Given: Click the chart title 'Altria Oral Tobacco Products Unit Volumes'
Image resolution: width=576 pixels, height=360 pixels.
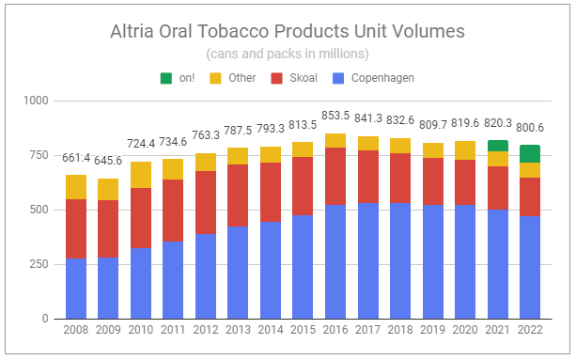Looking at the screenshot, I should pyautogui.click(x=287, y=31).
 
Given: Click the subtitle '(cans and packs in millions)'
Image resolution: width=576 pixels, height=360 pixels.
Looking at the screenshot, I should pyautogui.click(x=287, y=54).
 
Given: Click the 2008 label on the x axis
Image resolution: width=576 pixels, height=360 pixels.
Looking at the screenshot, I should pyautogui.click(x=76, y=331).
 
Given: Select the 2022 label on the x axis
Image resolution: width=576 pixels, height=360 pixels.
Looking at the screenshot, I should pyautogui.click(x=529, y=331).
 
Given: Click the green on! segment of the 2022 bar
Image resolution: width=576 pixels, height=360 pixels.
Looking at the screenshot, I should pyautogui.click(x=529, y=153).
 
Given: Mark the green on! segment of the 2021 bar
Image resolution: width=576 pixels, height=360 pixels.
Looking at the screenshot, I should pyautogui.click(x=497, y=146).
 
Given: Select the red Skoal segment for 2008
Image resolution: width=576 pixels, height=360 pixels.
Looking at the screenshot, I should pyautogui.click(x=76, y=228).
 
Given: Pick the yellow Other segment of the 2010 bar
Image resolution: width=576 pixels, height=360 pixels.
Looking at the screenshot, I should pyautogui.click(x=141, y=175).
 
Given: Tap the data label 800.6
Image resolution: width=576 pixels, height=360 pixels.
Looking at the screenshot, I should pyautogui.click(x=529, y=133).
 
